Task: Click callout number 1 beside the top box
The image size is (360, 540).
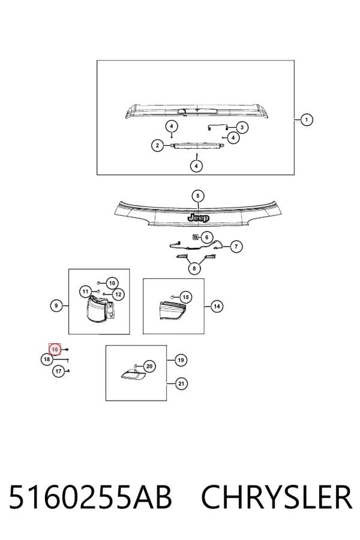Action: pyautogui.click(x=306, y=120)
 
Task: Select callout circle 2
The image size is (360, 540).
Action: pyautogui.click(x=157, y=145)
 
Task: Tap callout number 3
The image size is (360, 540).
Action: pyautogui.click(x=242, y=127)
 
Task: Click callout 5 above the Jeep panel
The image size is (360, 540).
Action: pyautogui.click(x=198, y=196)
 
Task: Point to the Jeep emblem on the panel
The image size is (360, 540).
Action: pyautogui.click(x=199, y=218)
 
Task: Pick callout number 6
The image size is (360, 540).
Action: pyautogui.click(x=206, y=237)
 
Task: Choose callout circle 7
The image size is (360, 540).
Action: pyautogui.click(x=236, y=247)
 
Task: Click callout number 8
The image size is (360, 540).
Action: pyautogui.click(x=194, y=268)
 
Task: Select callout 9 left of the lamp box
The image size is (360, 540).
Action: pyautogui.click(x=56, y=305)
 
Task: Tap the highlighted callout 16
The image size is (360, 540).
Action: pyautogui.click(x=55, y=350)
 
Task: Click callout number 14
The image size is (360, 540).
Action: pyautogui.click(x=217, y=306)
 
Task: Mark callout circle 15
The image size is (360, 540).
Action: pyautogui.click(x=185, y=297)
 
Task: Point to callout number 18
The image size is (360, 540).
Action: pyautogui.click(x=47, y=360)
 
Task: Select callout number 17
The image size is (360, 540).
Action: pyautogui.click(x=58, y=371)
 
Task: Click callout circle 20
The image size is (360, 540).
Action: pyautogui.click(x=149, y=366)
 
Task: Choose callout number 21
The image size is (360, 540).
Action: pyautogui.click(x=181, y=383)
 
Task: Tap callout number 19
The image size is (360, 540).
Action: pyautogui.click(x=181, y=360)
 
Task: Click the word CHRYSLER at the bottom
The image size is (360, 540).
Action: pyautogui.click(x=276, y=497)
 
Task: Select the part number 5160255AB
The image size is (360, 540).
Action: pyautogui.click(x=90, y=497)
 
